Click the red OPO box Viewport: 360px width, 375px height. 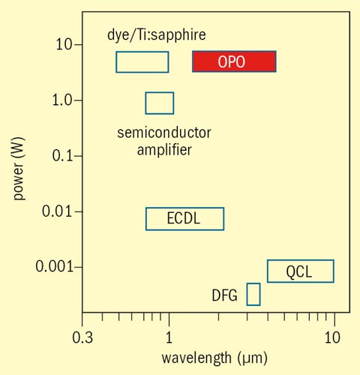click(234, 61)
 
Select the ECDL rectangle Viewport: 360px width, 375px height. click(184, 219)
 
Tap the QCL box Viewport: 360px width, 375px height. click(300, 271)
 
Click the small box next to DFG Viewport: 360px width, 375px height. click(253, 295)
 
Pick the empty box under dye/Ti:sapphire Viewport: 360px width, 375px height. click(142, 61)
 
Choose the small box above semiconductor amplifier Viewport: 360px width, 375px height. click(159, 103)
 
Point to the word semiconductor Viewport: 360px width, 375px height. click(164, 133)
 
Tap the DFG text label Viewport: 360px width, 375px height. click(224, 295)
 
